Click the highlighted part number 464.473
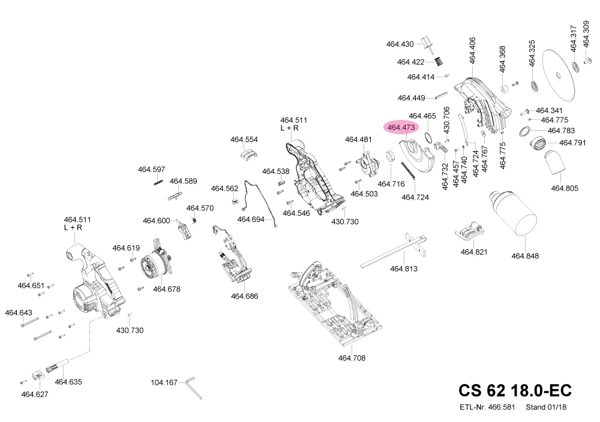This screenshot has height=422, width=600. pos(401,128)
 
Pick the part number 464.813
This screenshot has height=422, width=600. pos(404,269)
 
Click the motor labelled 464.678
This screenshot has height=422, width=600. pos(155,267)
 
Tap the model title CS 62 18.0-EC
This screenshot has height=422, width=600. pos(515,390)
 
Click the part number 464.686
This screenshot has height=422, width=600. pos(244,296)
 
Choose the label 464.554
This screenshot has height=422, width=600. pos(244,140)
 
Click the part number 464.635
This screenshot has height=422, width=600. pos(68,382)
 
